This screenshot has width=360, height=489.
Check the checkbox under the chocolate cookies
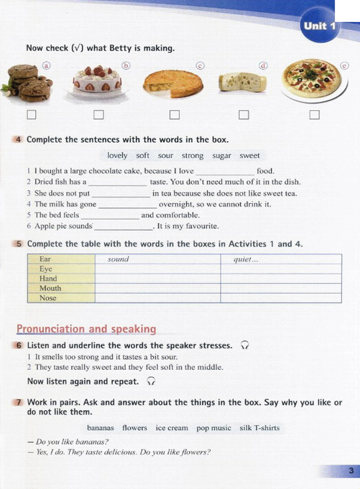point(32,115)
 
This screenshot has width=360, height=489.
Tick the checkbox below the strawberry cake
point(99,115)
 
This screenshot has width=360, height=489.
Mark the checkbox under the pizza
point(314,115)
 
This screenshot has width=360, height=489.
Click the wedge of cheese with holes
point(242,82)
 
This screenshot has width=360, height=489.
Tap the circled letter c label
point(200,66)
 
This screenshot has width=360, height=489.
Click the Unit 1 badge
point(319,26)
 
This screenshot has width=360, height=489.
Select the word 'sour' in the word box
point(165,155)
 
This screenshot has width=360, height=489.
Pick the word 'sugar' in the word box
point(221,155)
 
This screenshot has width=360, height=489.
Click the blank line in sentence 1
point(225,172)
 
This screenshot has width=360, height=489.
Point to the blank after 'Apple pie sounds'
point(123,227)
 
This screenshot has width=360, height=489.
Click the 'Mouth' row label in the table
point(50,288)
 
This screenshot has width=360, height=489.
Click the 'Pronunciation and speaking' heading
point(86,329)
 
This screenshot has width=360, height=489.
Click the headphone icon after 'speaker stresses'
point(245,345)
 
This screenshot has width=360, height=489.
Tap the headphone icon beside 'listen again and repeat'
point(151,381)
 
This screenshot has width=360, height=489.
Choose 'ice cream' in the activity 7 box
point(172,428)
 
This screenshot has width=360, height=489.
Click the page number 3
point(351,471)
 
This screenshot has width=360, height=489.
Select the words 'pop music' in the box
point(214,428)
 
